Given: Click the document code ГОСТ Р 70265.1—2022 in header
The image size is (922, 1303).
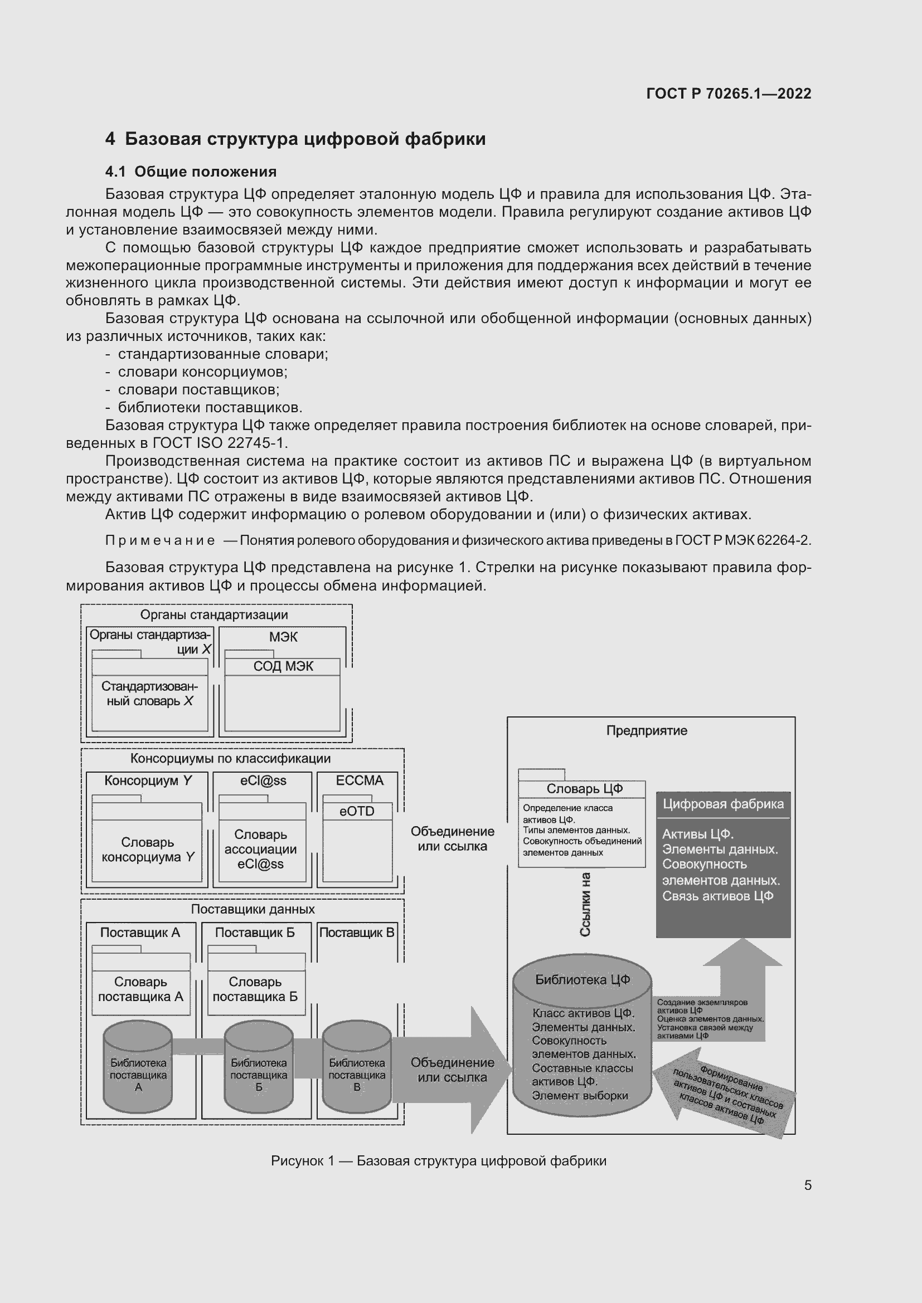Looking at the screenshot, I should pyautogui.click(x=729, y=94).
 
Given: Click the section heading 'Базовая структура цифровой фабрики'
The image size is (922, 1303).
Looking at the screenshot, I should pyautogui.click(x=305, y=139).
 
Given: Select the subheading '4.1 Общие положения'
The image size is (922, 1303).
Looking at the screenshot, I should pyautogui.click(x=191, y=172).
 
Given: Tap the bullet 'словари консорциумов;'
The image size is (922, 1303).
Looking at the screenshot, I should pyautogui.click(x=202, y=372).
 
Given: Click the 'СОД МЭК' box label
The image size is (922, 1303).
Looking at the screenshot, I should pyautogui.click(x=283, y=666).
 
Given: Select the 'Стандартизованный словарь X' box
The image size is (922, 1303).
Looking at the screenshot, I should pyautogui.click(x=150, y=694).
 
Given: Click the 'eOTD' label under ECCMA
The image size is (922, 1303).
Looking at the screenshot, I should pyautogui.click(x=357, y=811).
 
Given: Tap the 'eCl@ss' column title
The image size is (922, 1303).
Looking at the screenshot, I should pyautogui.click(x=263, y=780).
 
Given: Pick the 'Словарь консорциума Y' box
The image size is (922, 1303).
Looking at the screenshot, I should pyautogui.click(x=148, y=850).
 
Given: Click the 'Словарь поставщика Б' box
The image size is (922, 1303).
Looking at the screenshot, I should pyautogui.click(x=255, y=989).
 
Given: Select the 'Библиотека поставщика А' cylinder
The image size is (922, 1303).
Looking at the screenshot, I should pyautogui.click(x=138, y=1074).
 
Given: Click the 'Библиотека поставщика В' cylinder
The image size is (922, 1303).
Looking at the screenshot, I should pyautogui.click(x=357, y=1074).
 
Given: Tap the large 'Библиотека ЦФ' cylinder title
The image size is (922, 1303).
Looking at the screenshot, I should pyautogui.click(x=583, y=979).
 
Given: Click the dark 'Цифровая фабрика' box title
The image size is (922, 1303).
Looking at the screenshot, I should pyautogui.click(x=723, y=804).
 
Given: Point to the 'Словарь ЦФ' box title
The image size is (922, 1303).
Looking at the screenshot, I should pyautogui.click(x=584, y=788).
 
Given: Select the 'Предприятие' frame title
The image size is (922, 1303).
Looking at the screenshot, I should pyautogui.click(x=647, y=730).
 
